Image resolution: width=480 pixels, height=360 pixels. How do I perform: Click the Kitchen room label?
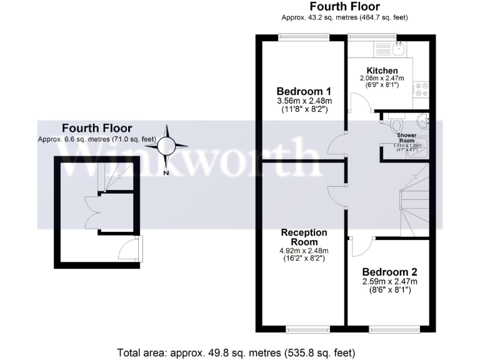(382, 70)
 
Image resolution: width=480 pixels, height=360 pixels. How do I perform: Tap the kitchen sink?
(399, 47)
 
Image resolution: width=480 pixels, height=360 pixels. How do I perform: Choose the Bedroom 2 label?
(389, 272)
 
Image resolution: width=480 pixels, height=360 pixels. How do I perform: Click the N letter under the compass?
(167, 173)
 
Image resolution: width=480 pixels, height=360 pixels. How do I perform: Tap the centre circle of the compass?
(167, 146)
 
